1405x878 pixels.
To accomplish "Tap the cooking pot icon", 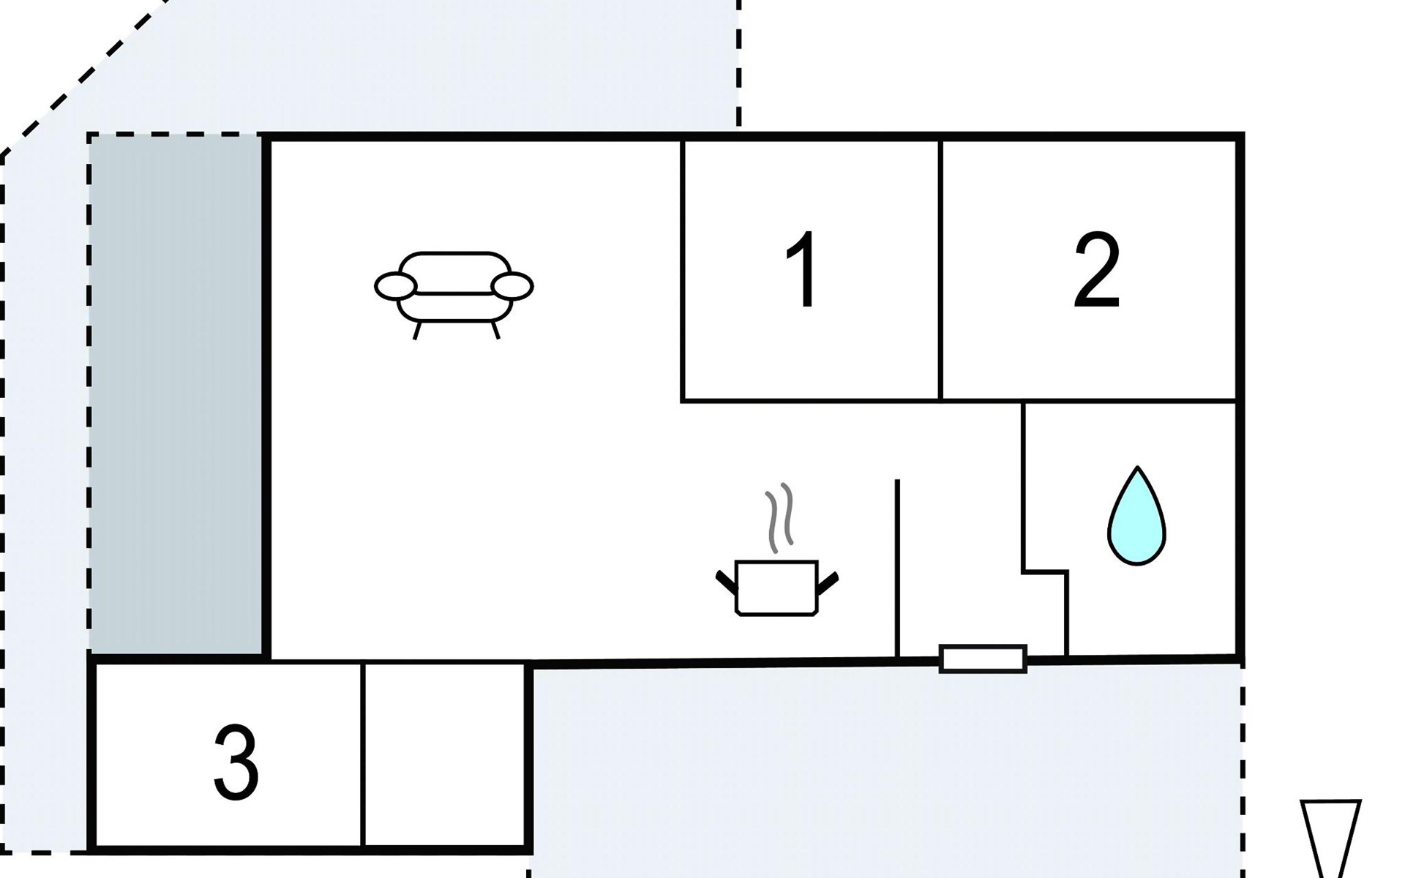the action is pyautogui.click(x=776, y=588).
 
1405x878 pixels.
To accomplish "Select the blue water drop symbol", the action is pyautogui.click(x=1136, y=516).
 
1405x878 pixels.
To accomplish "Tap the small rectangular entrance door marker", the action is pyautogui.click(x=983, y=658).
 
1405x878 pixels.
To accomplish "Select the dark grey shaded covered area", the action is pyautogui.click(x=176, y=394).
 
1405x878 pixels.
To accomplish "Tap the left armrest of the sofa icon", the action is pyautogui.click(x=396, y=286).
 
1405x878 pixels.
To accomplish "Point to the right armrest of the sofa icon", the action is pyautogui.click(x=512, y=286).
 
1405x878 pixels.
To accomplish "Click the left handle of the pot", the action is pyautogui.click(x=726, y=582).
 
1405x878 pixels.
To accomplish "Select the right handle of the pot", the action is pyautogui.click(x=828, y=582).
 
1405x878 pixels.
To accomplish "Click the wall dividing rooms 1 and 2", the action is pyautogui.click(x=940, y=271).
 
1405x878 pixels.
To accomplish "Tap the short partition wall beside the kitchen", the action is pyautogui.click(x=897, y=569).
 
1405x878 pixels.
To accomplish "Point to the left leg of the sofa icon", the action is pyautogui.click(x=417, y=331).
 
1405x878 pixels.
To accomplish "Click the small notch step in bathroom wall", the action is pyautogui.click(x=1045, y=571).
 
